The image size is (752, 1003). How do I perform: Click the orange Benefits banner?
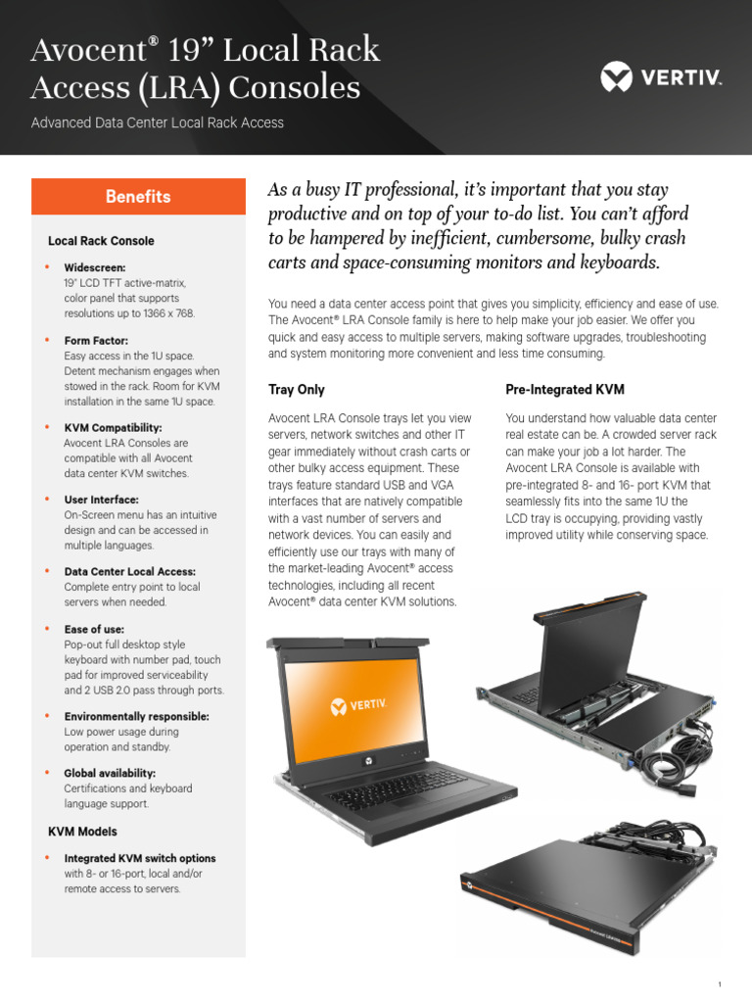click(138, 197)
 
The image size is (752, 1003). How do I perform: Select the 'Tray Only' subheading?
click(297, 390)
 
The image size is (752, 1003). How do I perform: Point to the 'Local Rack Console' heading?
click(101, 241)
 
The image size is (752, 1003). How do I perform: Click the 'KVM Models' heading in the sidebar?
click(82, 832)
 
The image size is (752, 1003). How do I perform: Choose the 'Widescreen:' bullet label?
click(95, 267)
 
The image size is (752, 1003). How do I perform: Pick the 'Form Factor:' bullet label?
click(97, 340)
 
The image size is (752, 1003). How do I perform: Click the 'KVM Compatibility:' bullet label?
click(113, 428)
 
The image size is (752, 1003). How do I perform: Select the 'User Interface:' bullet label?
click(101, 500)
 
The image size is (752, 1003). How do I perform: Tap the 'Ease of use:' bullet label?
click(94, 629)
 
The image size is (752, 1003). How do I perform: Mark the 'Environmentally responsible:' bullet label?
click(136, 716)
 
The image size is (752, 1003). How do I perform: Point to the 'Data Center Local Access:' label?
click(129, 572)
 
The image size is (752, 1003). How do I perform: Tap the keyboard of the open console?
click(401, 784)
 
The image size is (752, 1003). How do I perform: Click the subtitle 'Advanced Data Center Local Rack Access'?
click(158, 123)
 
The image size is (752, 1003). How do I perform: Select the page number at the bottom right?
click(720, 983)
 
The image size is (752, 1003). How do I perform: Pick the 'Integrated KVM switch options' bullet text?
click(140, 858)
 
